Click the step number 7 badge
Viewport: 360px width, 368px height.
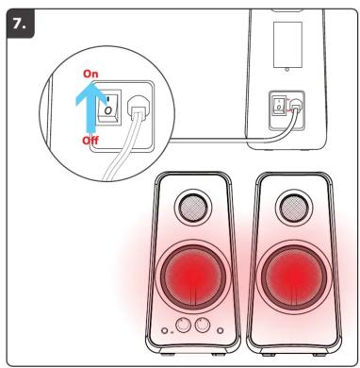coord(20,24)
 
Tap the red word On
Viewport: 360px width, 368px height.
coord(90,74)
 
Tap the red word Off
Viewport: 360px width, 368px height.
coord(90,141)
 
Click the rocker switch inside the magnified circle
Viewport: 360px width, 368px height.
coord(108,107)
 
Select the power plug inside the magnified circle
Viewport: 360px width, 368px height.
coord(138,109)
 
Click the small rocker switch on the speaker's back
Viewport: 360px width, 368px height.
coord(279,105)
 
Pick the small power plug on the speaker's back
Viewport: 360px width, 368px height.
coord(295,105)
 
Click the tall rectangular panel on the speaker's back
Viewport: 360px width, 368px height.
coord(287,44)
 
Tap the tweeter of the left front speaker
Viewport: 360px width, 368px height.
coord(193,208)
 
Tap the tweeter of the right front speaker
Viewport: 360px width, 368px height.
coord(294,208)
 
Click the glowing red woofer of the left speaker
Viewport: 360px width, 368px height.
coord(194,277)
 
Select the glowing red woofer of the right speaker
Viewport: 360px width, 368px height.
coord(295,277)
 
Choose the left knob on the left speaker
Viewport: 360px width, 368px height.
coord(184,325)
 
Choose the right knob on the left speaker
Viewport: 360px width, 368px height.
coord(203,325)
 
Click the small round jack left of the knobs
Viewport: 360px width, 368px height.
coord(164,330)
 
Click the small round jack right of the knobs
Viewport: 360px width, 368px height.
coord(221,330)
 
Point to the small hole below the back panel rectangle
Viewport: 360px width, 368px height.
coord(286,69)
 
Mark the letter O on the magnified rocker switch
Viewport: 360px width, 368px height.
coord(108,110)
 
